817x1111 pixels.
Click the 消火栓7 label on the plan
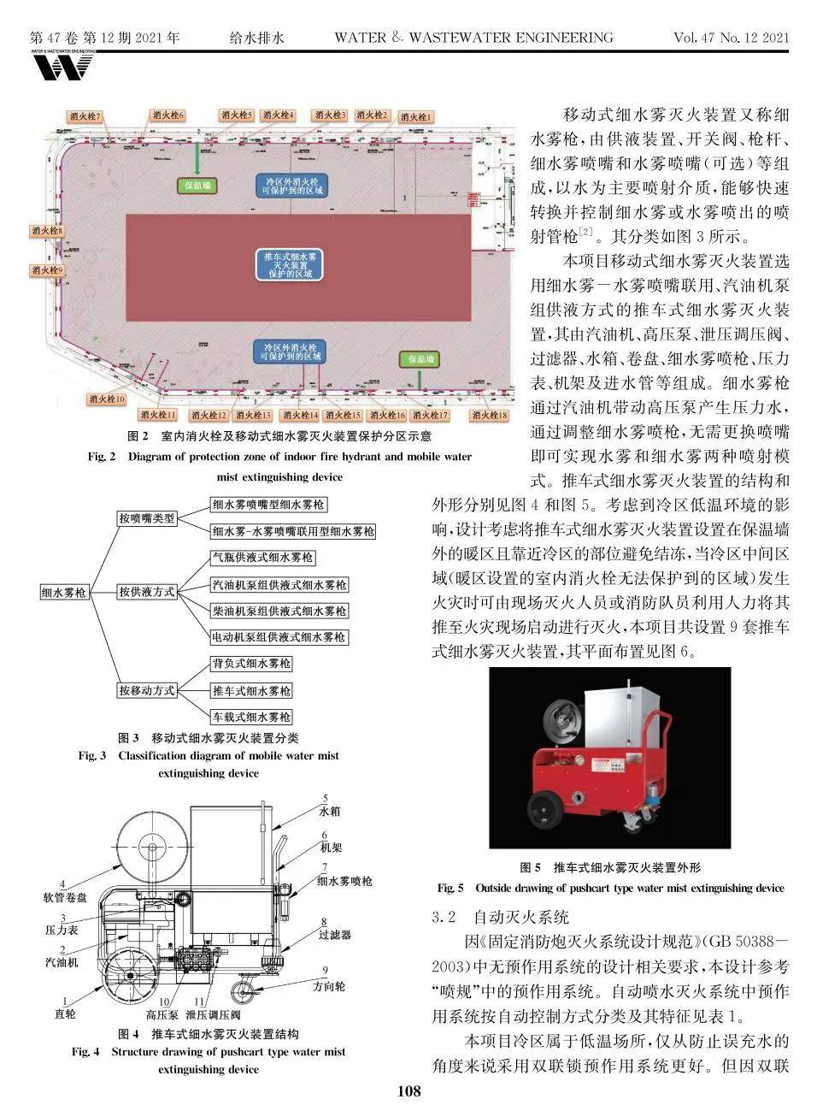[x=85, y=116]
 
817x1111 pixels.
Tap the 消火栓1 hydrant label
[x=415, y=117]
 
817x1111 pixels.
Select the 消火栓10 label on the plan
[x=107, y=399]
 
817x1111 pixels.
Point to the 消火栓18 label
[x=489, y=416]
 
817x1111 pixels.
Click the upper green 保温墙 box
[x=198, y=185]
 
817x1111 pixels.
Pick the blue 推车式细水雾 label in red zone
[x=291, y=264]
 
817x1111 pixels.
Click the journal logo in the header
[x=62, y=64]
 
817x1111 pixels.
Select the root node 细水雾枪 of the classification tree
[x=64, y=592]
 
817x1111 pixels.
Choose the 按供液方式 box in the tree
[x=146, y=592]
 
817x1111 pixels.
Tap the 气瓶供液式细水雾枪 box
[x=263, y=558]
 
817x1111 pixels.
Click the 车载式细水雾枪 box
[x=251, y=717]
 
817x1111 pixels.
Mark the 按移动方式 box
[x=146, y=690]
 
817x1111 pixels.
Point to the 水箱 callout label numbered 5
[x=329, y=810]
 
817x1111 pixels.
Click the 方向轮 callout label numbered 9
[x=328, y=986]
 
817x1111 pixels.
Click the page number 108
[x=408, y=1090]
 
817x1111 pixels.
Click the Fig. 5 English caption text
[x=610, y=888]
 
